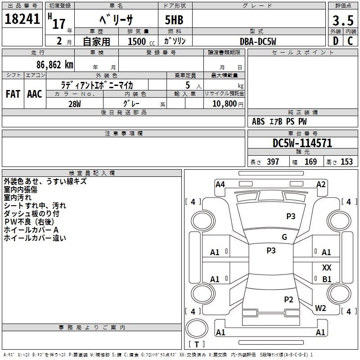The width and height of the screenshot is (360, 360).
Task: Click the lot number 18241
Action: coord(22,19)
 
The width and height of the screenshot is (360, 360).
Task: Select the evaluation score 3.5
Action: coord(342,21)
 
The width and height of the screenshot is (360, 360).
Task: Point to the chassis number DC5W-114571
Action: coord(302,143)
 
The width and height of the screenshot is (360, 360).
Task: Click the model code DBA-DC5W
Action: coord(258,41)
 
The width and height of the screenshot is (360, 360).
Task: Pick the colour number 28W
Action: coord(75,103)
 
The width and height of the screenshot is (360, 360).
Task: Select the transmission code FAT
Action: coord(13,94)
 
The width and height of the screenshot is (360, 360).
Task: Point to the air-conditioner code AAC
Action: coord(35,94)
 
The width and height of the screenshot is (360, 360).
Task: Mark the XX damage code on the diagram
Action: coord(327,267)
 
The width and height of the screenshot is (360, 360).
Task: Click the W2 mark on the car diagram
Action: coord(320,308)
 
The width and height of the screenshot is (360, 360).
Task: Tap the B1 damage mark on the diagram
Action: coord(327,279)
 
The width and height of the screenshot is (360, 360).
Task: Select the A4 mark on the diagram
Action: coord(220,184)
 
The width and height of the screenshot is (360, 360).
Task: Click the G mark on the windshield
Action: coord(284,237)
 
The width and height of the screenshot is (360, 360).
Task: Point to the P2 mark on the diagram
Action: coord(288,299)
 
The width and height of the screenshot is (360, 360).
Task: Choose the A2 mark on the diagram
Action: coord(321,184)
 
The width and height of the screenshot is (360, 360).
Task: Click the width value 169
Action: coord(311,162)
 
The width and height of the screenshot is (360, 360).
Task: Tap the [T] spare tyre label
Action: coord(197,344)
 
